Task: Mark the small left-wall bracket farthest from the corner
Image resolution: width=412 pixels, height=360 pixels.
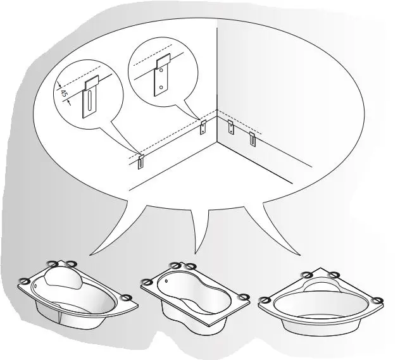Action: coord(141,162)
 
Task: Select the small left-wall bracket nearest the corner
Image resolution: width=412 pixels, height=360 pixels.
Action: coord(203,127)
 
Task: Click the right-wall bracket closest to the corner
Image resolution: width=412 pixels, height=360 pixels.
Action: coord(231,127)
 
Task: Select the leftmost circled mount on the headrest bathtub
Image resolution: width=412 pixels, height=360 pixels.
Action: coord(26,282)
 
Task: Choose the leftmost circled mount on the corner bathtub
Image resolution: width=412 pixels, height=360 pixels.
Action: coord(265,301)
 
